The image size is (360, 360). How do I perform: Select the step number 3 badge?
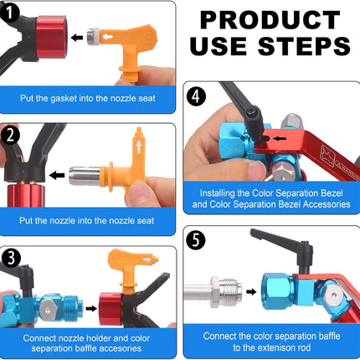[x=12, y=257]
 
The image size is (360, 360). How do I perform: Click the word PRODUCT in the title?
[x=267, y=22]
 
